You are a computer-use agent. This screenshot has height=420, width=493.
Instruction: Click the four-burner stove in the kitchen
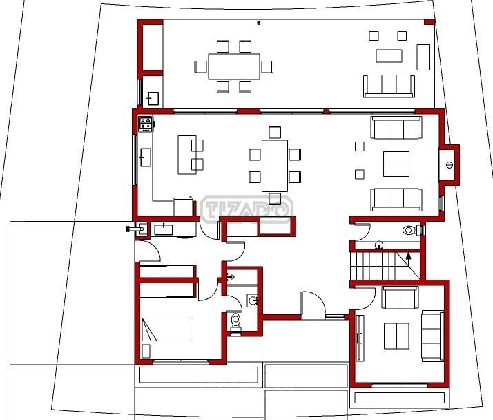[146, 124]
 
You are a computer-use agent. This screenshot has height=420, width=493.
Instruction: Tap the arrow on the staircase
[409, 258]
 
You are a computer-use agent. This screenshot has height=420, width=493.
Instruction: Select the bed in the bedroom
[166, 330]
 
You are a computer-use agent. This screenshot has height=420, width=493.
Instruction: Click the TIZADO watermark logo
[247, 209]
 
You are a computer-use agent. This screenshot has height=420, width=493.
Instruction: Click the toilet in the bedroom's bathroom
[235, 323]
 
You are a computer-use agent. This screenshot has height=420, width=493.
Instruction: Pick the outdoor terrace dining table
[234, 66]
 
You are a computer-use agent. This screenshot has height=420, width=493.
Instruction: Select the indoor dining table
[275, 166]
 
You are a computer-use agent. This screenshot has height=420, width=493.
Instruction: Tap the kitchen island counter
[186, 155]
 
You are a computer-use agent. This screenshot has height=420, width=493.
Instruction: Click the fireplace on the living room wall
[449, 165]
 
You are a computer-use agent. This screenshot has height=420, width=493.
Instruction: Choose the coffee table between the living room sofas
[396, 164]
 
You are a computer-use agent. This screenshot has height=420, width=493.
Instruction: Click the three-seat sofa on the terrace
[389, 86]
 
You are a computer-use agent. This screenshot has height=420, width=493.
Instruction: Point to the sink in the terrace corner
[153, 99]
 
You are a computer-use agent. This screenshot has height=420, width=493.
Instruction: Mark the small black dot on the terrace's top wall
[259, 23]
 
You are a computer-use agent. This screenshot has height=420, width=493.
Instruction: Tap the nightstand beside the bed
[146, 351]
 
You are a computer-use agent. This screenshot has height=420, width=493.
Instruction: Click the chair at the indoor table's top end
[275, 133]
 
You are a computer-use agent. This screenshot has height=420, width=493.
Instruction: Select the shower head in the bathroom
[232, 277]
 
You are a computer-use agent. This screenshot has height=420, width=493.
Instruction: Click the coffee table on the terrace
[389, 56]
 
